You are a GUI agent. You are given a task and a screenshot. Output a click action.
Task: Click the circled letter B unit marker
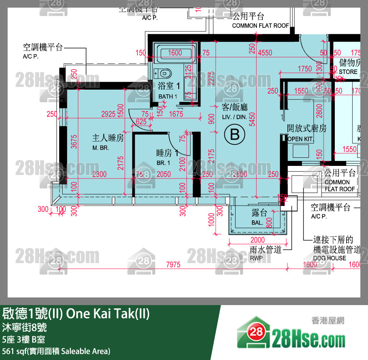tap(234, 134)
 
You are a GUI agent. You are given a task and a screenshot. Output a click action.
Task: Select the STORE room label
tap(348, 72)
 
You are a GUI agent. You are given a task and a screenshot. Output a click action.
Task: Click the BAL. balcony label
tap(257, 223)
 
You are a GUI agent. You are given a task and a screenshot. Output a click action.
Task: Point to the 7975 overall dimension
tap(174, 265)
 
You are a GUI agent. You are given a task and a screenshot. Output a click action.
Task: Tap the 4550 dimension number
tap(265, 53)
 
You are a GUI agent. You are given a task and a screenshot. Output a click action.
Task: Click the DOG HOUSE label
tap(329, 258)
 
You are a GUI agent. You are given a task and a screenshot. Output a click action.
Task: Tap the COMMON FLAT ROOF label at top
tap(260, 26)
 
